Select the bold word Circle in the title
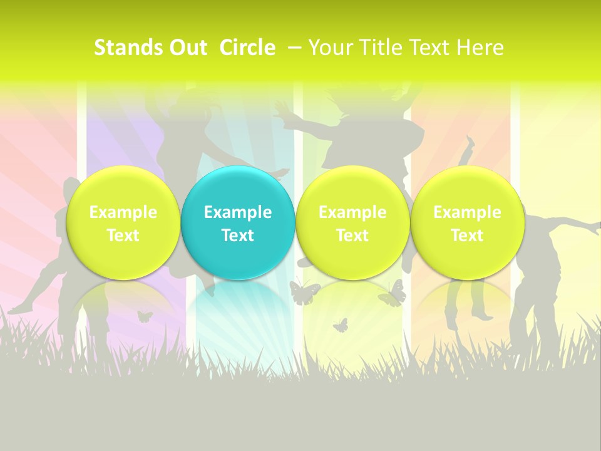(x=247, y=48)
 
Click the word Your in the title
(x=329, y=48)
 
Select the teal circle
(x=238, y=223)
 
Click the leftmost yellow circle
(x=123, y=223)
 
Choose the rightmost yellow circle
(x=467, y=223)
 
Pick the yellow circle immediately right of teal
(x=352, y=223)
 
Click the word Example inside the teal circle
(x=238, y=212)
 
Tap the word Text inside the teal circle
(x=238, y=236)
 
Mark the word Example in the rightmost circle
(x=467, y=212)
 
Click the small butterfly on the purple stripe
(x=145, y=316)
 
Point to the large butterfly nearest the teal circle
(x=304, y=293)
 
